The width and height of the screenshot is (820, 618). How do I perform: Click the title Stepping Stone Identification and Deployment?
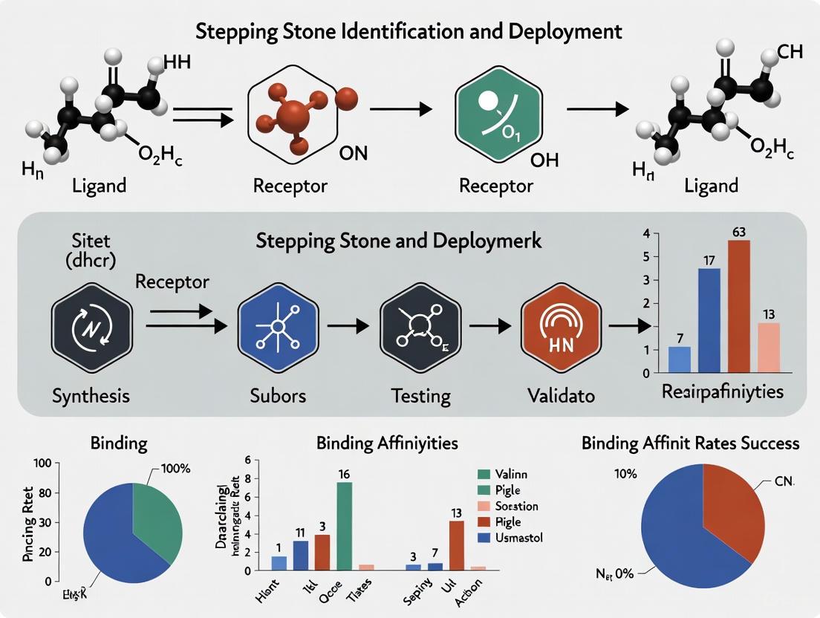(410, 32)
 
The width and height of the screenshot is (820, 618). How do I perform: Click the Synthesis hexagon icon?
(91, 326)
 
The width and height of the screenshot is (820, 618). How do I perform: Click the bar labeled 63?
(738, 305)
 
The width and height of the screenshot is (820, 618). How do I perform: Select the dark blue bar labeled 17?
(709, 319)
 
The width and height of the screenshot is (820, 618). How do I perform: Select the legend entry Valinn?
(508, 473)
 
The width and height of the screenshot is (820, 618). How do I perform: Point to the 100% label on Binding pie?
(175, 469)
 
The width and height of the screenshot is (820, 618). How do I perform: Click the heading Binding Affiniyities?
(387, 443)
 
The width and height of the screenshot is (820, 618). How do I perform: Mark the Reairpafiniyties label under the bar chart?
(732, 391)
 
